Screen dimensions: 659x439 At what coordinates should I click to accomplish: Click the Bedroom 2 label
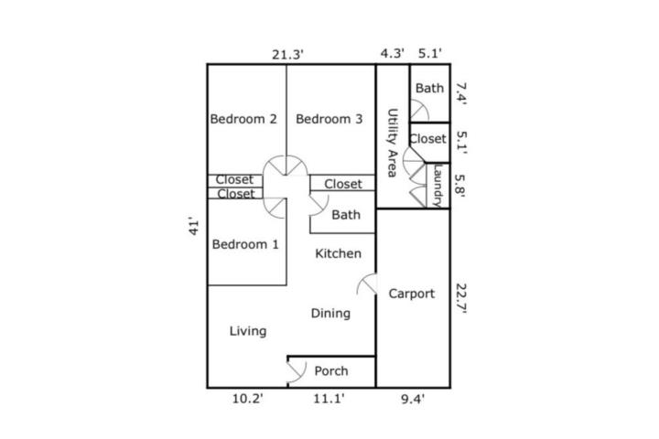(x=243, y=119)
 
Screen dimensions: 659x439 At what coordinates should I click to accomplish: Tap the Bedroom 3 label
(x=329, y=119)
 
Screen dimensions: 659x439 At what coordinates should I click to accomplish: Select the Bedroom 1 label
(x=245, y=244)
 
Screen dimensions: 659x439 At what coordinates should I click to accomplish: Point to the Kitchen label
(x=339, y=253)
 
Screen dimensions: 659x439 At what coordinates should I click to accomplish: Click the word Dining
(x=330, y=314)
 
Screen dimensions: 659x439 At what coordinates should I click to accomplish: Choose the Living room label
(x=248, y=331)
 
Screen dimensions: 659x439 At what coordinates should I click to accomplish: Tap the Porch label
(x=331, y=371)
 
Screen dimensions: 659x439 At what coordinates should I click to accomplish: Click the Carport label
(x=412, y=294)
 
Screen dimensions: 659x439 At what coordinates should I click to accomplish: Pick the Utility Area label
(x=392, y=143)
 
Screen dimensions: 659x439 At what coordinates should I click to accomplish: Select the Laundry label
(x=438, y=186)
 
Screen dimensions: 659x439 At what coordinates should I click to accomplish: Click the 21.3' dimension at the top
(x=288, y=55)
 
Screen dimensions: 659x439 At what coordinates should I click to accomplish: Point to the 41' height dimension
(x=193, y=226)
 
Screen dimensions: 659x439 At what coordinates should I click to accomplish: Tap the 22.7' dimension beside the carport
(x=461, y=299)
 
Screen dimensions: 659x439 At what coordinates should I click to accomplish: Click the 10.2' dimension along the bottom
(x=248, y=398)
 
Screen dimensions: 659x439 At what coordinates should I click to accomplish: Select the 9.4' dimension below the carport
(x=413, y=399)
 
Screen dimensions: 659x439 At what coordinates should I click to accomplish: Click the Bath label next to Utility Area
(x=429, y=88)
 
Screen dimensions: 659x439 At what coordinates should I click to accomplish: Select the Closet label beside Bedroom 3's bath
(x=343, y=184)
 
